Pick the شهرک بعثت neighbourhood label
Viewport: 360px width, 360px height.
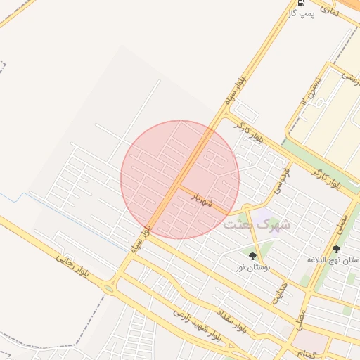coord(256,225)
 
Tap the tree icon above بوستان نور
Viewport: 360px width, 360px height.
coord(253,256)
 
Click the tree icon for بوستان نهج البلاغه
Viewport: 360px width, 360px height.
coord(335,249)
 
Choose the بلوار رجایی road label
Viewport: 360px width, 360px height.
coord(74,266)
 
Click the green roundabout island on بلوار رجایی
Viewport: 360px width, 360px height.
coord(109,288)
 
